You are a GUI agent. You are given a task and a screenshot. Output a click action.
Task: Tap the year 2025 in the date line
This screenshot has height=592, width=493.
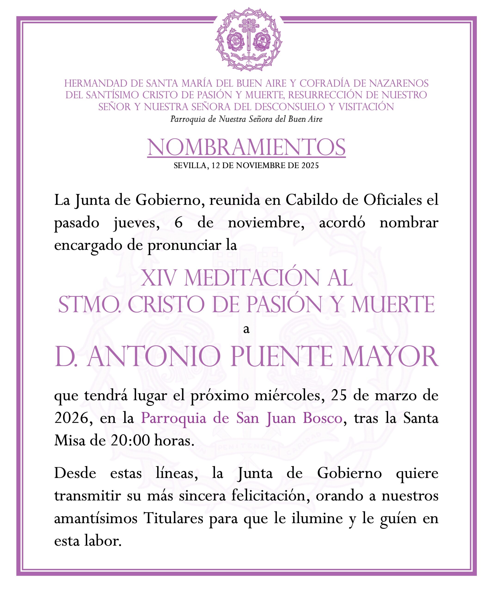click(x=310, y=166)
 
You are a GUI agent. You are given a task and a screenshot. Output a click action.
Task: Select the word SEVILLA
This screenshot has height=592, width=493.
click(x=190, y=166)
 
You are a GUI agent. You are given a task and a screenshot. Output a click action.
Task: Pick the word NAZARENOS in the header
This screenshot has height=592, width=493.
click(x=399, y=83)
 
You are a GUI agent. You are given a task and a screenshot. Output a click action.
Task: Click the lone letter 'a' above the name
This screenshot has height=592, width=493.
click(x=246, y=329)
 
